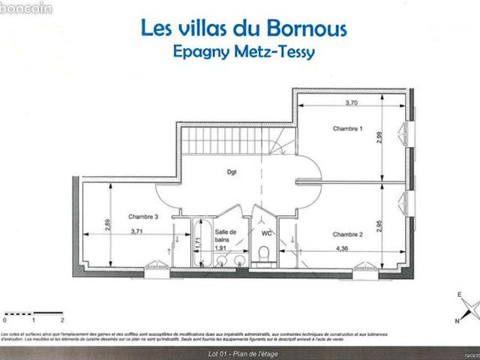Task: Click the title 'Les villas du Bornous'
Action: coord(244,28)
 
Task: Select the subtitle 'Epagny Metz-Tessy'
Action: coord(244,53)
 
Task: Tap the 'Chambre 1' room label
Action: coord(348,129)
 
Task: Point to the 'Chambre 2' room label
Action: coord(348,235)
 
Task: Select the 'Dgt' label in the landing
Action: coord(232,172)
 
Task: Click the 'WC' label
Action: coord(266,233)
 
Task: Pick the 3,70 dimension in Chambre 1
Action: coord(351,102)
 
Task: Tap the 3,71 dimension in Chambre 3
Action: coord(137,232)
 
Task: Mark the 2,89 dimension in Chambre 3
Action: coord(108,224)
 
